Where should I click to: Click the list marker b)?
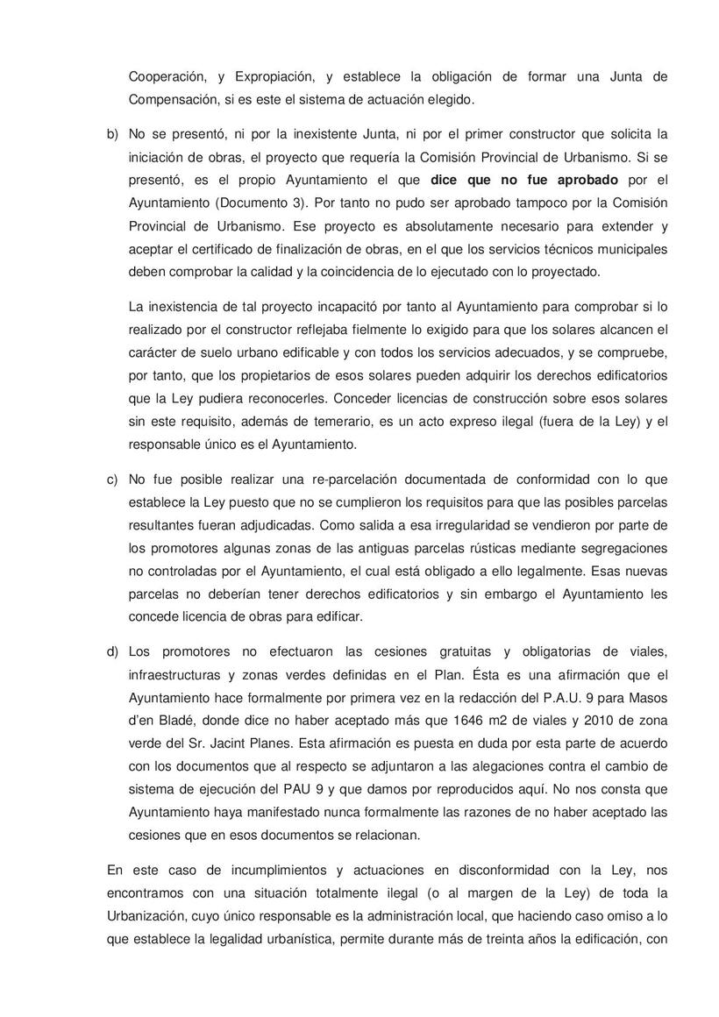[112, 134]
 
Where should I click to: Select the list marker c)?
[112, 480]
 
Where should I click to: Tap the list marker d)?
[112, 651]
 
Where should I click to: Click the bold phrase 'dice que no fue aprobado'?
[524, 180]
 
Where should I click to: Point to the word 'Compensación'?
[169, 99]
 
